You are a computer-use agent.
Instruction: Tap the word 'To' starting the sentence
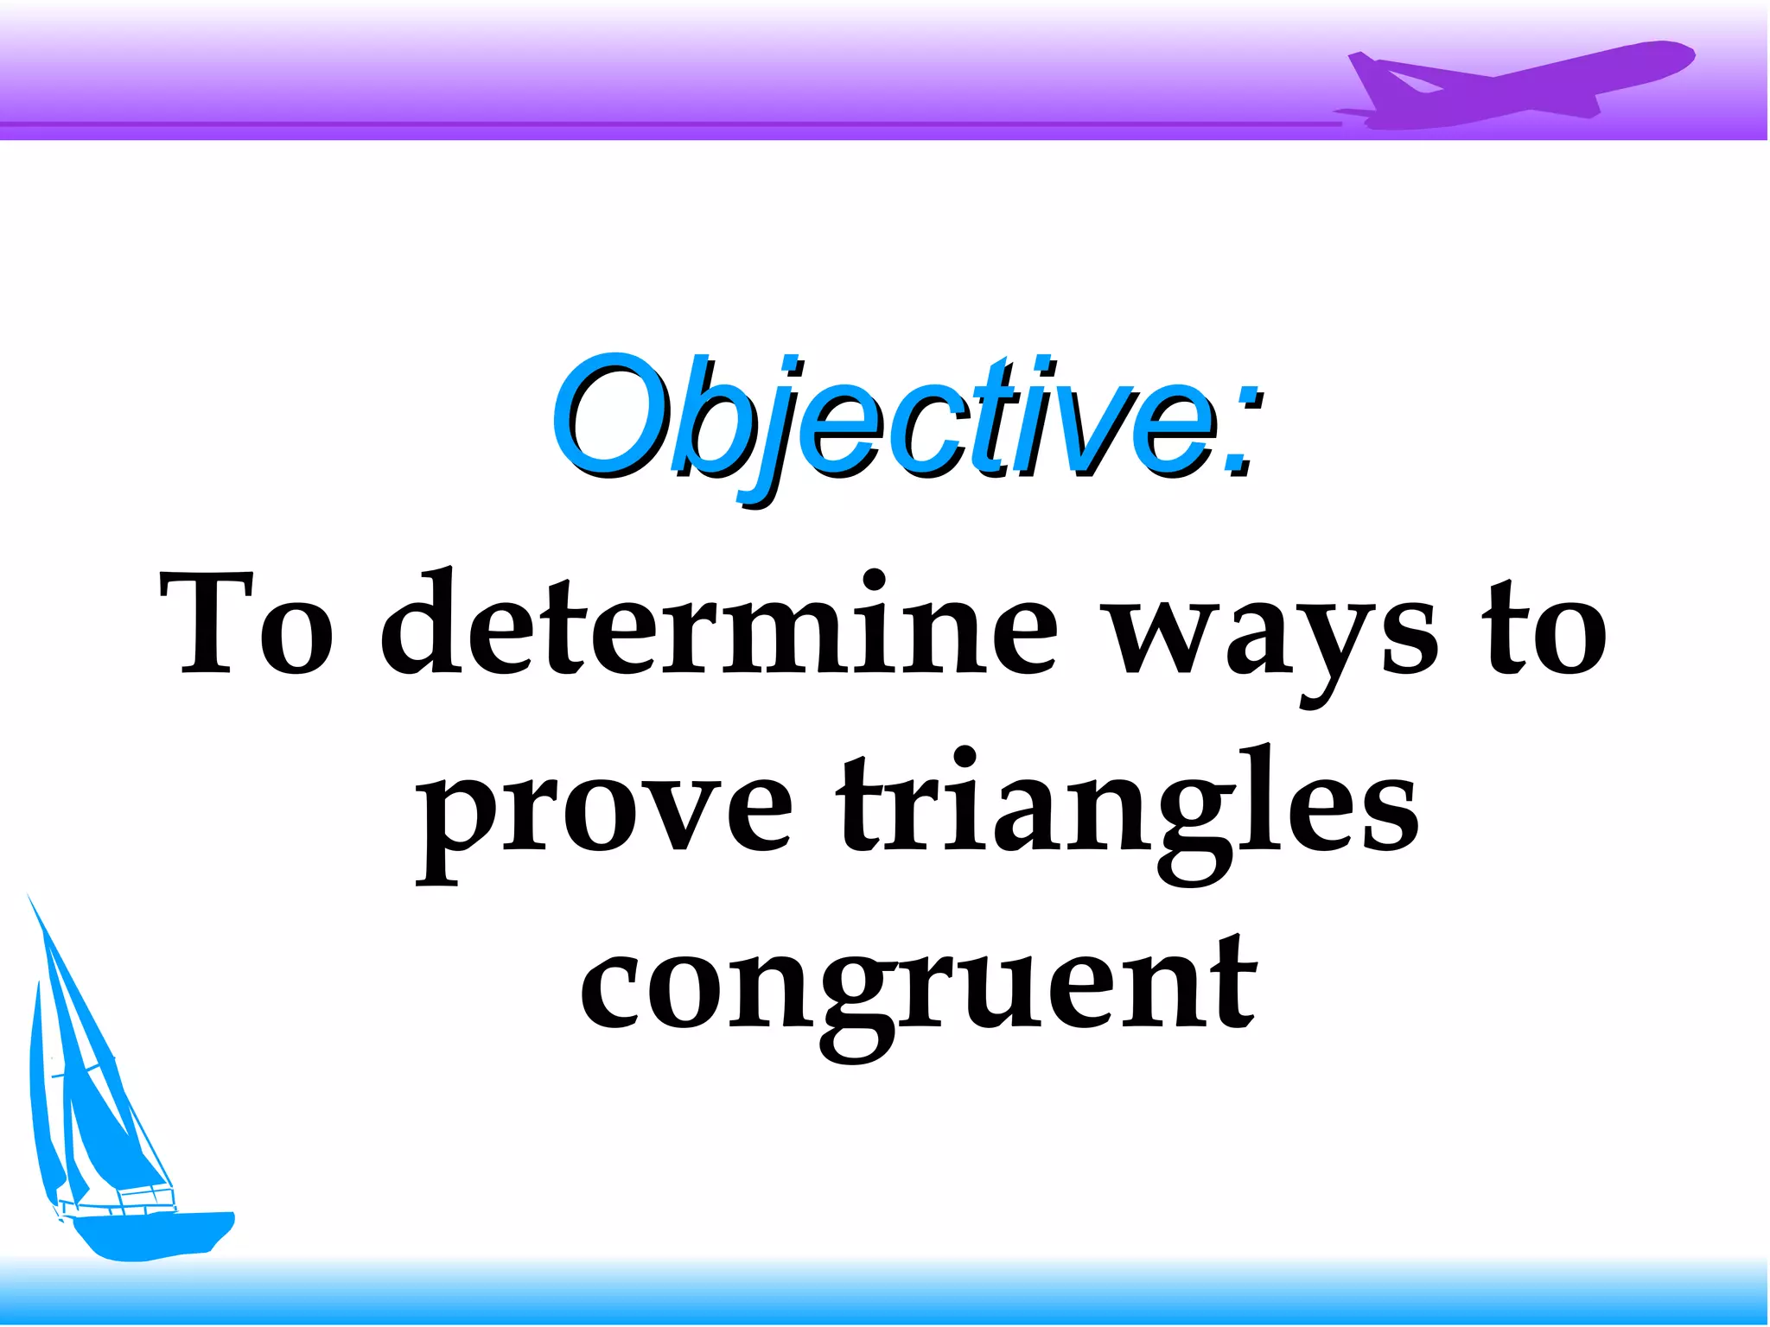[247, 624]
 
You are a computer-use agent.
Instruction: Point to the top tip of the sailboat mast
[29, 898]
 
